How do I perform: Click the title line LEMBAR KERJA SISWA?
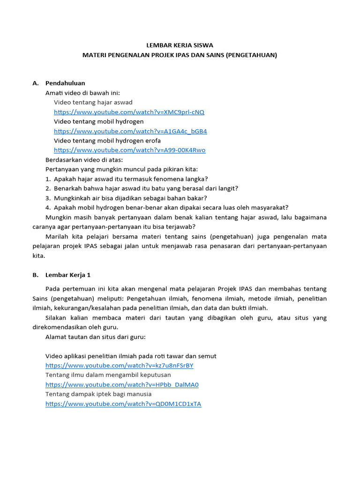click(x=180, y=45)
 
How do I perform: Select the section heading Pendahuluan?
click(x=65, y=83)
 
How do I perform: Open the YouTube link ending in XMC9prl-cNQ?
click(x=129, y=112)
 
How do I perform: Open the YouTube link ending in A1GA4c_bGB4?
click(x=130, y=131)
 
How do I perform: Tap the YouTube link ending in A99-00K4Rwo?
click(x=129, y=150)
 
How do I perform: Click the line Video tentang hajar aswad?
click(x=93, y=102)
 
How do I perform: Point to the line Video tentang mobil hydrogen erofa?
click(x=107, y=141)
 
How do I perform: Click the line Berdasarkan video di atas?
click(x=84, y=160)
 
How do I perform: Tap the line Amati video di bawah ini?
click(x=86, y=93)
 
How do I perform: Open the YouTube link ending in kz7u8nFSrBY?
click(x=119, y=366)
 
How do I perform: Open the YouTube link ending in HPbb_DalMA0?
click(x=122, y=385)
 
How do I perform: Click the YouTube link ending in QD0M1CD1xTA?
click(x=123, y=404)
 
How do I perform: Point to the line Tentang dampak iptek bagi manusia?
click(x=98, y=394)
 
